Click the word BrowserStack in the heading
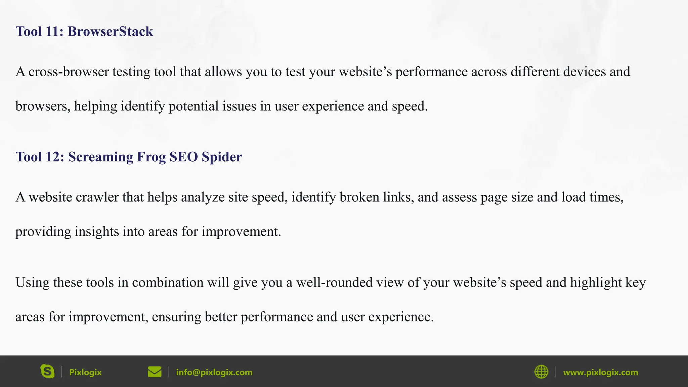click(110, 32)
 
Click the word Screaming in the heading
click(100, 157)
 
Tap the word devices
click(584, 72)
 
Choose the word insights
click(97, 232)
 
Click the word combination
click(168, 283)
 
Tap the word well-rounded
click(334, 283)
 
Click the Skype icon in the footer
click(47, 372)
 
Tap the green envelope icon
click(155, 372)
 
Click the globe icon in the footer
click(541, 372)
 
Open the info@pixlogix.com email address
click(214, 372)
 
